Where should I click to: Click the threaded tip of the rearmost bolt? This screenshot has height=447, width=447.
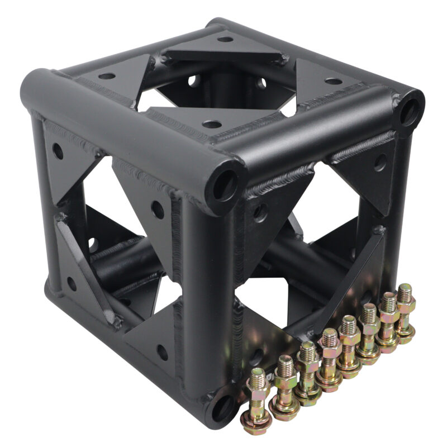[x=405, y=292]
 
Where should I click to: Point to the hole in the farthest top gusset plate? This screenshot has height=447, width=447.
[x=225, y=39]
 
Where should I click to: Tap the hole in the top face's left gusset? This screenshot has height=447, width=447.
[x=107, y=76]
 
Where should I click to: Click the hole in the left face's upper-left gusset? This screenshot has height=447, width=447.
[x=58, y=150]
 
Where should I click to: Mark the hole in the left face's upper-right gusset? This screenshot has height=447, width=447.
[x=158, y=210]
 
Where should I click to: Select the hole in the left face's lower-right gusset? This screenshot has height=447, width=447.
[x=161, y=353]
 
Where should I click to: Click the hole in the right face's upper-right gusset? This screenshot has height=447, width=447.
[x=380, y=163]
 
